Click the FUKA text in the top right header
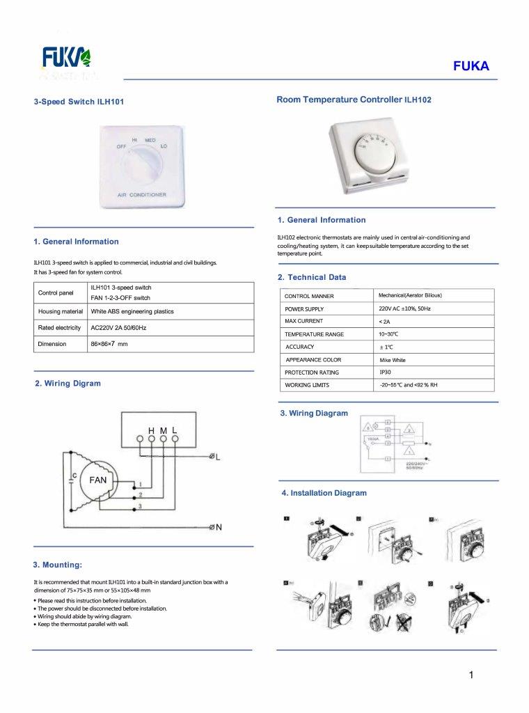471,67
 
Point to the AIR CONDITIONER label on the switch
142,194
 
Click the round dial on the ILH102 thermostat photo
372,149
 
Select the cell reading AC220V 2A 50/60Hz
118,327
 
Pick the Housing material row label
61,311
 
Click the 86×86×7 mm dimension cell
109,344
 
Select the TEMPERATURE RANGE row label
315,334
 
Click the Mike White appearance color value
393,360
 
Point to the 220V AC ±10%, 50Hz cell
405,308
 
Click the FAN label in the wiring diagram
97,480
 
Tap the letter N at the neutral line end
219,527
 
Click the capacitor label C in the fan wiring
74,476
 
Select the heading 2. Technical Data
312,277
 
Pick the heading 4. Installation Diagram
324,493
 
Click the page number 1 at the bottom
472,674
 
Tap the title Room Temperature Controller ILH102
354,100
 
